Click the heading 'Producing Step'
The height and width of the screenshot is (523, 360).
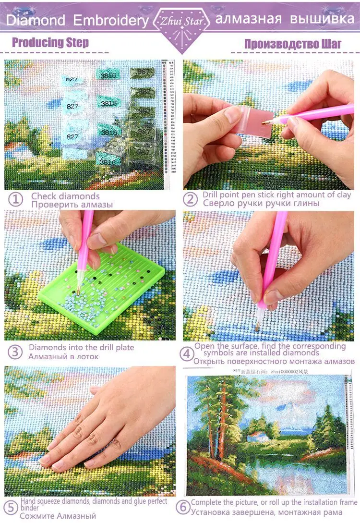pos(50,42)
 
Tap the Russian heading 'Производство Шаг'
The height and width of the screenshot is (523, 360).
pos(293,44)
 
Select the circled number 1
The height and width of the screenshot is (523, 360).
pos(16,200)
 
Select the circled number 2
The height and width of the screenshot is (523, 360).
pos(191,199)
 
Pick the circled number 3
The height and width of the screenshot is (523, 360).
pos(16,352)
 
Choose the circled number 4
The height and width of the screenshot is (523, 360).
pos(187,354)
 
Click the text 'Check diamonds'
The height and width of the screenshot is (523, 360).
pos(65,196)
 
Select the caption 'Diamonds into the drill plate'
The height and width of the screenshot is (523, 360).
pos(81,347)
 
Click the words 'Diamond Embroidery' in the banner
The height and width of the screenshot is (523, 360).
pos(77,21)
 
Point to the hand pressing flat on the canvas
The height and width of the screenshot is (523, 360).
pos(106,432)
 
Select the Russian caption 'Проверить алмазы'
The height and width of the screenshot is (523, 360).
pos(72,205)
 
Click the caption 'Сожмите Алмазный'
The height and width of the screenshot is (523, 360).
pos(58,516)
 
